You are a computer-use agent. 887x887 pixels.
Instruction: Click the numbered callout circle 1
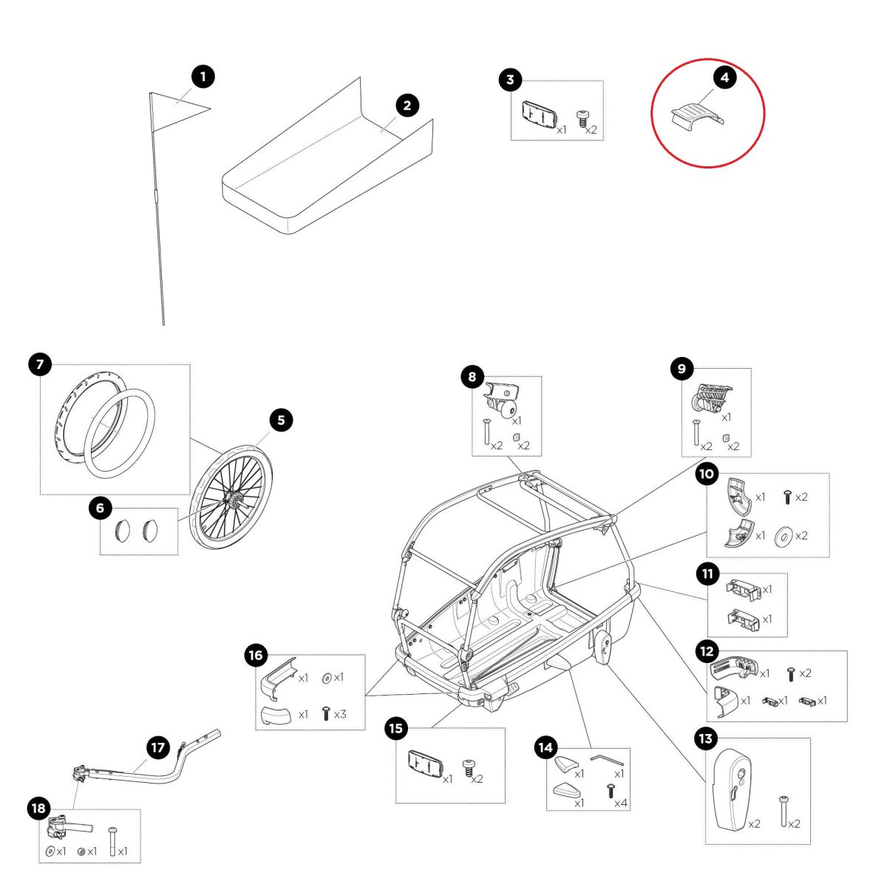[203, 76]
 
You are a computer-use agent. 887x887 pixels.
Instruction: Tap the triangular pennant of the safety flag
[177, 106]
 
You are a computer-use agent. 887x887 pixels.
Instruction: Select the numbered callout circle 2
[407, 105]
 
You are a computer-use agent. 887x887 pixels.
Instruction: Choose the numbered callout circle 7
[40, 364]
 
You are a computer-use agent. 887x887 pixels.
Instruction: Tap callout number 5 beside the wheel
[281, 421]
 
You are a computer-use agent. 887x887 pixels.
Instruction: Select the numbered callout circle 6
[101, 508]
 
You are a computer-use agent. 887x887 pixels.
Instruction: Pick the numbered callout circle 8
[472, 377]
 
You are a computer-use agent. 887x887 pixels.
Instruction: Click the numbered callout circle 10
[707, 474]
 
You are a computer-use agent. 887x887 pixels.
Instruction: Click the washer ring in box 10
[782, 536]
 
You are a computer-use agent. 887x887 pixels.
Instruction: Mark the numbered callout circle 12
[707, 651]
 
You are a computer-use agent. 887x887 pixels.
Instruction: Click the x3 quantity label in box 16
[340, 715]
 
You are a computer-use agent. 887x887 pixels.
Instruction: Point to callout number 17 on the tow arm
[158, 747]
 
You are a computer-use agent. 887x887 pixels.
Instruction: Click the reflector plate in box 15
[424, 761]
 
